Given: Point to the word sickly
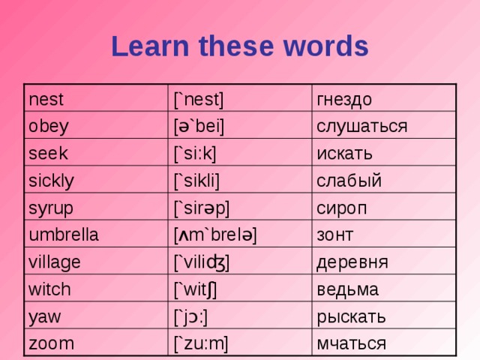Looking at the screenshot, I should [52, 180].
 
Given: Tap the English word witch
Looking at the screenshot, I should [50, 288].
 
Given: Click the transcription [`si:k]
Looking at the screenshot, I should [194, 153].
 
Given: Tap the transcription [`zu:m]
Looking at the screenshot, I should [200, 343].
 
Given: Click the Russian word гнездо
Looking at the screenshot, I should [344, 98].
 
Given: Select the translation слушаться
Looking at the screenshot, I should [361, 125].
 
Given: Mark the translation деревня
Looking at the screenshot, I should [352, 262].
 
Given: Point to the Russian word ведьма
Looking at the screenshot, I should [348, 289].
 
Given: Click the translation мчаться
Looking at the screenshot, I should [352, 343].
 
